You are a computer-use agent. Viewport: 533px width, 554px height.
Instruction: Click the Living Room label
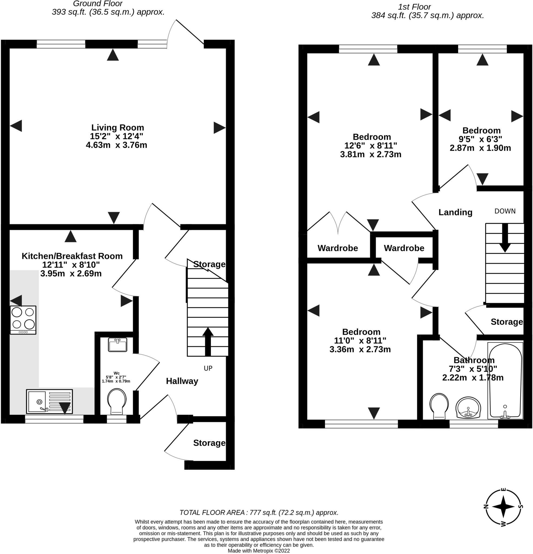click(117, 127)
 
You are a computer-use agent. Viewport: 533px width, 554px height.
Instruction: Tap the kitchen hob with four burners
click(23, 320)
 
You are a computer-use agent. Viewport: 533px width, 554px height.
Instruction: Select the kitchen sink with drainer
click(49, 401)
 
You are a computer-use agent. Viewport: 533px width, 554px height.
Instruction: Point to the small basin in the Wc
click(118, 345)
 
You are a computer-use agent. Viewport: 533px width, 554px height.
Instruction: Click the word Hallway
click(182, 381)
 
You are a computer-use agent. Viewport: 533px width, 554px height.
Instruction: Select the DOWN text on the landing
click(505, 211)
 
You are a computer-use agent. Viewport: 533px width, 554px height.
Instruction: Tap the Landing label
click(455, 212)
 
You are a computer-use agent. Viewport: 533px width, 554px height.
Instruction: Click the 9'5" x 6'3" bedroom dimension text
click(480, 139)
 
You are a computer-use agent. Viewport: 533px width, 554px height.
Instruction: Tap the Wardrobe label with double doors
click(338, 248)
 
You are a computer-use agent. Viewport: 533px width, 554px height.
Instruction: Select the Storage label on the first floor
click(506, 322)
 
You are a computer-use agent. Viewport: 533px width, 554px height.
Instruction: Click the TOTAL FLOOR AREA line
click(259, 512)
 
